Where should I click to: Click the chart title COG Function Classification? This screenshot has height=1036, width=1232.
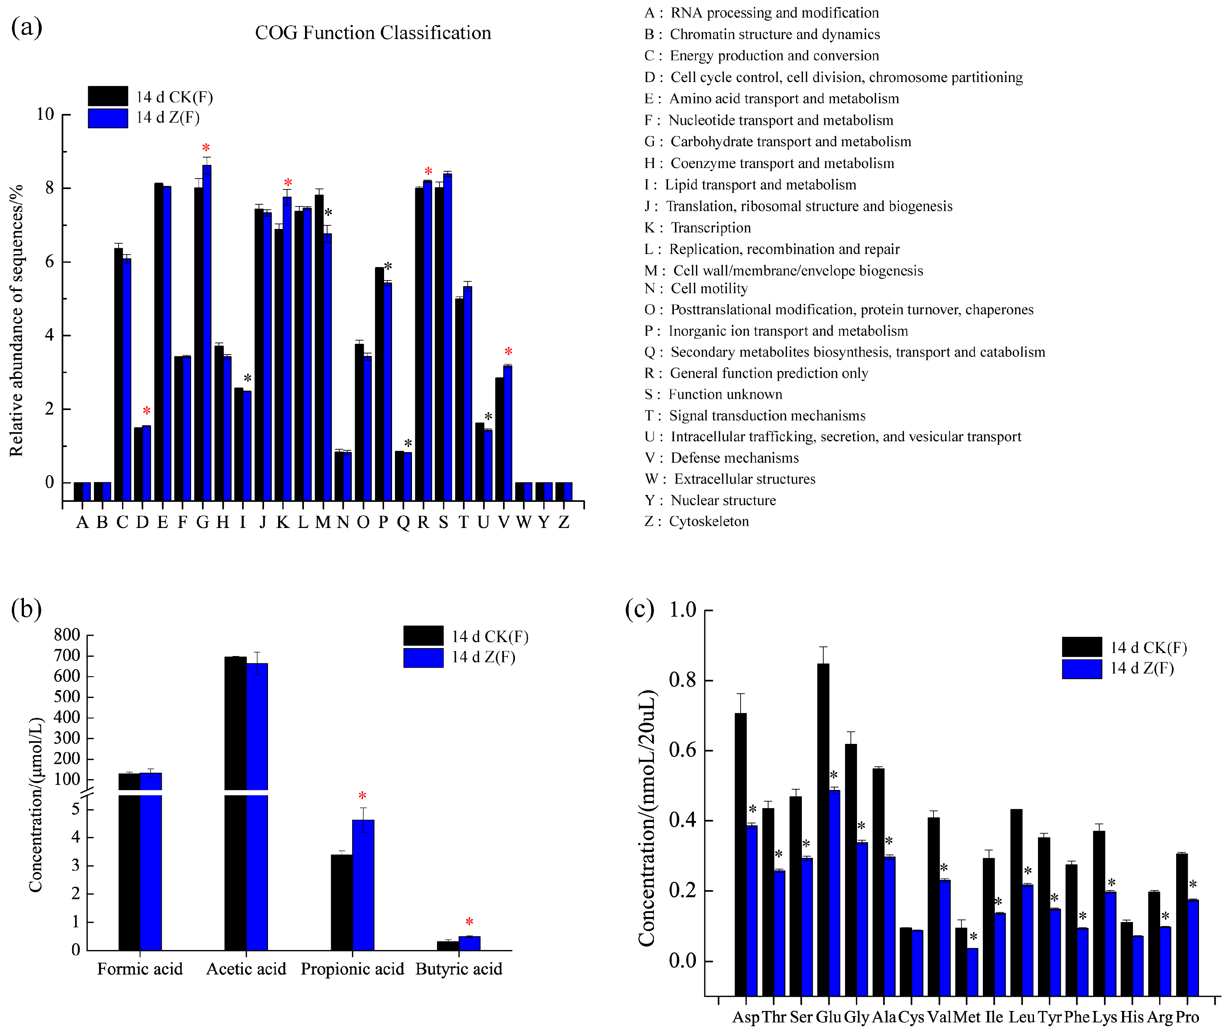tap(373, 33)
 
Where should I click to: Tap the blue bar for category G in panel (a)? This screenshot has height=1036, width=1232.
tap(207, 323)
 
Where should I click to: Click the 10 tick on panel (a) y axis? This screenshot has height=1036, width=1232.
tap(45, 115)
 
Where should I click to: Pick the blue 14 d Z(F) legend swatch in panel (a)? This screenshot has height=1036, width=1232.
tap(108, 118)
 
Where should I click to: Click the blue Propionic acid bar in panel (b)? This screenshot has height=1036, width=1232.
tap(363, 884)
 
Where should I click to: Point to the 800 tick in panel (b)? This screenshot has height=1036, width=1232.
tap(67, 635)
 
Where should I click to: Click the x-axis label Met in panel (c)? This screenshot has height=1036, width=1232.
tap(967, 1017)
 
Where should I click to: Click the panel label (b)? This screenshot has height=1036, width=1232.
tap(26, 609)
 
